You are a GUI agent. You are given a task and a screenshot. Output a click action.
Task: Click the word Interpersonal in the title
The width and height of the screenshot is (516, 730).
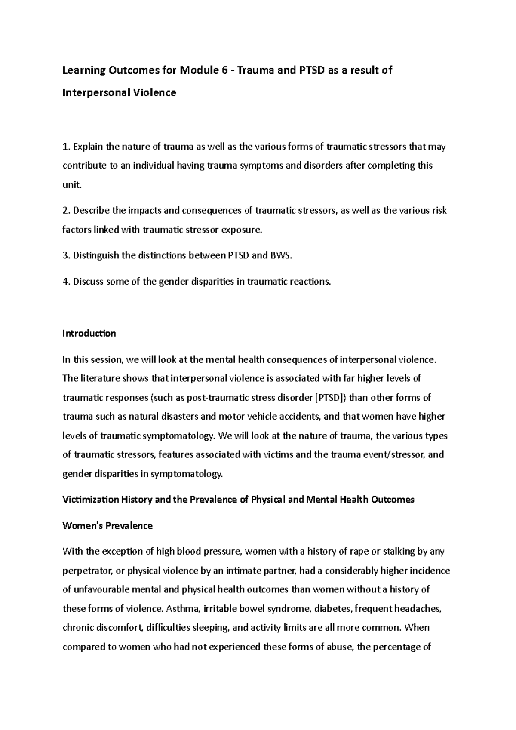pyautogui.click(x=95, y=92)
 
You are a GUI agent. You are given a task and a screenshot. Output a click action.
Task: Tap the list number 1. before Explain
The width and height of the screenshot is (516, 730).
pyautogui.click(x=66, y=147)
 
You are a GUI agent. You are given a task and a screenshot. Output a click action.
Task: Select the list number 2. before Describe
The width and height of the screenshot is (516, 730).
pyautogui.click(x=66, y=211)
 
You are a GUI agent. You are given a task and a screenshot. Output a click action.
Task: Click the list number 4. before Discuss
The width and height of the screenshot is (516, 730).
pyautogui.click(x=66, y=282)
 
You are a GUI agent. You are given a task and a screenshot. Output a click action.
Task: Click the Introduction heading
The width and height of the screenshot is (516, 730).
pyautogui.click(x=89, y=333)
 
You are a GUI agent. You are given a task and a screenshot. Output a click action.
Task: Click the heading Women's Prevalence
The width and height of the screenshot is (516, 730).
pyautogui.click(x=107, y=525)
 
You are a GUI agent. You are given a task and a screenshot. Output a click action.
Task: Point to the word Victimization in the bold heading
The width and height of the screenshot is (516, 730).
pyautogui.click(x=90, y=500)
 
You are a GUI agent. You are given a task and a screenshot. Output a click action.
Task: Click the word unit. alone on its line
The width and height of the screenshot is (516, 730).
pyautogui.click(x=71, y=185)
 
